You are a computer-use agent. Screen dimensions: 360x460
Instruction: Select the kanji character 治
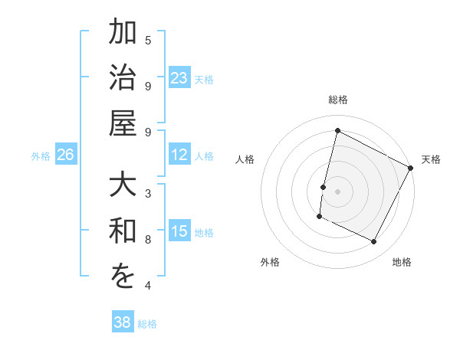[x=123, y=80]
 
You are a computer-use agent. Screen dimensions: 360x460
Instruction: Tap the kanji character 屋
[x=123, y=123]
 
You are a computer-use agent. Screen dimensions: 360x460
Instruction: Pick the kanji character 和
[x=123, y=232]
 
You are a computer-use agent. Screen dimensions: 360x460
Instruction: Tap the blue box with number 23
[x=179, y=78]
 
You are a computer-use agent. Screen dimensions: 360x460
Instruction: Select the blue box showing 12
[x=179, y=155]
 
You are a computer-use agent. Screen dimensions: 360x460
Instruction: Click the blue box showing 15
[x=179, y=232]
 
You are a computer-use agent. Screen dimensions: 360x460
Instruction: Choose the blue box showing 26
[x=65, y=155]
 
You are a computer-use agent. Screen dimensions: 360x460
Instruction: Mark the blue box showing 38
[x=123, y=322]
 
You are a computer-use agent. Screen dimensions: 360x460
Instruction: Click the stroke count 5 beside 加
[x=148, y=40]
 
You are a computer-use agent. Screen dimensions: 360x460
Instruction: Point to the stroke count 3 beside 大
[x=148, y=192]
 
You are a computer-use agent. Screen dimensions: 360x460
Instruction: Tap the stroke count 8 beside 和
[x=148, y=239]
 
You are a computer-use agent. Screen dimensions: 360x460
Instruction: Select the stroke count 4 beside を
[x=148, y=286]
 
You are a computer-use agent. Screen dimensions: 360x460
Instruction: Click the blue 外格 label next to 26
[x=41, y=156]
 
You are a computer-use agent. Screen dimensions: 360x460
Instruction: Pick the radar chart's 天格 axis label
[x=431, y=159]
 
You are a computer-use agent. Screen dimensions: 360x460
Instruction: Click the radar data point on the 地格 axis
[x=374, y=242]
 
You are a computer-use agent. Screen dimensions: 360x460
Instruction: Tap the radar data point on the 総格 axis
[x=337, y=131]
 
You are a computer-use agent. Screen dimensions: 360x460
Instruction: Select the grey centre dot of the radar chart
[x=337, y=191]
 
